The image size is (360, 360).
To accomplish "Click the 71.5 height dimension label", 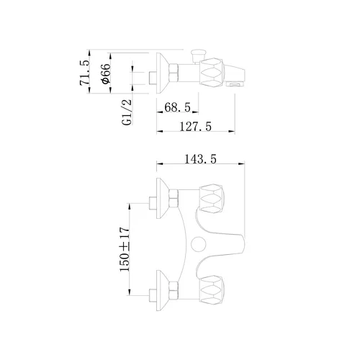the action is pos(84,73).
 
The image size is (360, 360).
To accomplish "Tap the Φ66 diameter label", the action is pos(106,74).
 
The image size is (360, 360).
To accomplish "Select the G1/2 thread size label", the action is pos(127,112).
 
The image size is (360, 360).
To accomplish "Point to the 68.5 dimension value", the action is pos(177,107).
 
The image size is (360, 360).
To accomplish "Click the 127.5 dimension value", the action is pos(196,127).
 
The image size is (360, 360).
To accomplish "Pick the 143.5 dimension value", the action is pos(200,159).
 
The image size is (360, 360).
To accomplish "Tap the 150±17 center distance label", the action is pos(125,249).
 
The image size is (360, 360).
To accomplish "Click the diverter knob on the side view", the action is pos(198,56).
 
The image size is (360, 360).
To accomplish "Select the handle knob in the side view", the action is pos(212,72).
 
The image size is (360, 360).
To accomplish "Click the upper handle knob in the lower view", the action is pos(212,199).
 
